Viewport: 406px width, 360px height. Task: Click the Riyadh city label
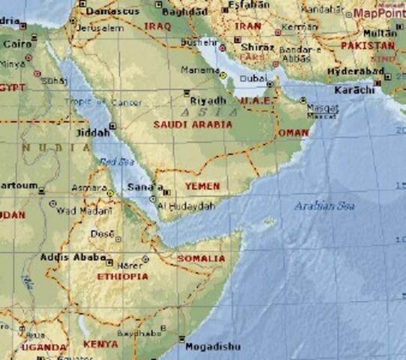208,100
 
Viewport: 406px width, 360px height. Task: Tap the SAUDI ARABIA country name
192,124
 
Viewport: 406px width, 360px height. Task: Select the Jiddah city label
93,133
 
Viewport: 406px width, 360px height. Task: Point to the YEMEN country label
203,186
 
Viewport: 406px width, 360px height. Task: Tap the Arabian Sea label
324,205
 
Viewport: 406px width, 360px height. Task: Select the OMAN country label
293,133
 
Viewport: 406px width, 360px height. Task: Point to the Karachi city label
353,90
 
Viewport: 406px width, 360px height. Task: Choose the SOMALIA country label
200,259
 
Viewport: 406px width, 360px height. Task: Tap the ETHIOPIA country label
122,276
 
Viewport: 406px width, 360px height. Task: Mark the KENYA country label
100,344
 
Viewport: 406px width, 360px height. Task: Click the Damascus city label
111,12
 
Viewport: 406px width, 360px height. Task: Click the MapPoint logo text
379,13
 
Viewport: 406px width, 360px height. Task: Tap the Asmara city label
88,187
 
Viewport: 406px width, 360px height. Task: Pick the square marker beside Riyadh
187,92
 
